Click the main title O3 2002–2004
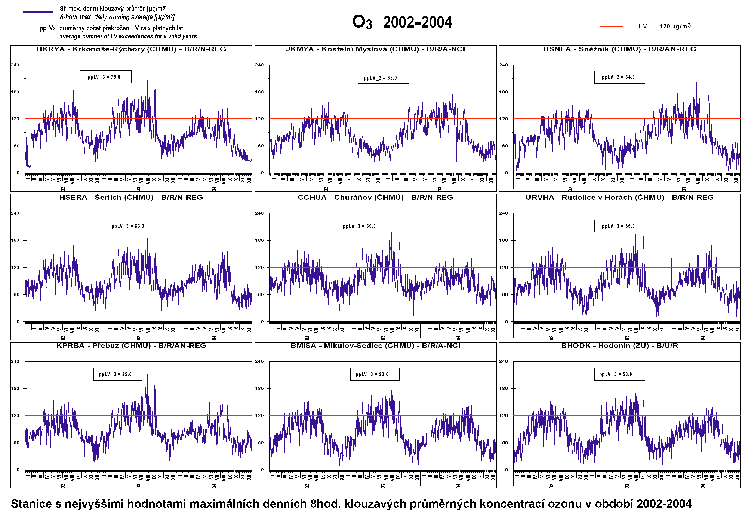click(x=402, y=22)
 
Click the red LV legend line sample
click(x=611, y=26)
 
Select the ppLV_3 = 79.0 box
click(x=106, y=77)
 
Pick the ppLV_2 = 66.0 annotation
click(x=383, y=78)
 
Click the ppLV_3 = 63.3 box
click(x=130, y=226)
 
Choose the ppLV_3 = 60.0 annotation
click(x=362, y=226)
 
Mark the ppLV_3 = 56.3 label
click(x=619, y=226)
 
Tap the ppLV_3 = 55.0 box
click(x=117, y=374)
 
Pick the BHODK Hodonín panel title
click(x=619, y=346)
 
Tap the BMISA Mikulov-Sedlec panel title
click(x=375, y=346)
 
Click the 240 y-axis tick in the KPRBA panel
click(x=15, y=361)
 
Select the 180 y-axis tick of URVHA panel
click(x=503, y=240)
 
